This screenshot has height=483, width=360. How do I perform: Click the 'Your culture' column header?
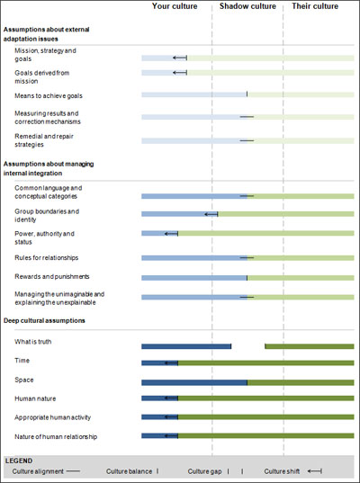click(x=175, y=6)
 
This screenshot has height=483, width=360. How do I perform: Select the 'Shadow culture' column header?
click(x=247, y=6)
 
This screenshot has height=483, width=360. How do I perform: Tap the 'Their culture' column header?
click(x=315, y=6)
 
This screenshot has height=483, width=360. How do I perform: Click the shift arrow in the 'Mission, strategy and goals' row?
click(x=180, y=58)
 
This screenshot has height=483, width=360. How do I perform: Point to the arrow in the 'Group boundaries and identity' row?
click(x=211, y=214)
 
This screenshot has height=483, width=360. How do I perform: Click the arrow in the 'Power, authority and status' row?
click(x=171, y=234)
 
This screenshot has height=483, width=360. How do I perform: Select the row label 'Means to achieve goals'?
click(x=49, y=96)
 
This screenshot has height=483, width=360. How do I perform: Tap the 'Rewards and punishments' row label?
click(x=52, y=277)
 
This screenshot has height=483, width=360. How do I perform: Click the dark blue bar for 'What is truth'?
click(x=186, y=346)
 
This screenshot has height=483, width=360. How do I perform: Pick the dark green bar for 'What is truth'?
click(x=310, y=346)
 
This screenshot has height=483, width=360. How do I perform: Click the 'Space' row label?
click(x=24, y=380)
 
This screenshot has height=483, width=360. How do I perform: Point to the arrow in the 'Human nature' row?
click(x=171, y=398)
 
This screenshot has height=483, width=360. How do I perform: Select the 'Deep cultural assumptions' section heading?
click(x=44, y=321)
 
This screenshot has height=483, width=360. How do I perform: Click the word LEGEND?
click(x=19, y=461)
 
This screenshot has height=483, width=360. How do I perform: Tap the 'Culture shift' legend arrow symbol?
click(x=315, y=471)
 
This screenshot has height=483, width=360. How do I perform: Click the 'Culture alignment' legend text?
click(x=38, y=471)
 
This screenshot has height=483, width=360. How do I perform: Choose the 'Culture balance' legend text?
click(x=129, y=471)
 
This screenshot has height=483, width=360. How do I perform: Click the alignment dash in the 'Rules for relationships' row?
click(x=247, y=257)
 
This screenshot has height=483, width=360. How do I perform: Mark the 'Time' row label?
click(x=22, y=361)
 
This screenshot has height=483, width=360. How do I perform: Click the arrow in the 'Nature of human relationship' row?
click(x=171, y=436)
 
